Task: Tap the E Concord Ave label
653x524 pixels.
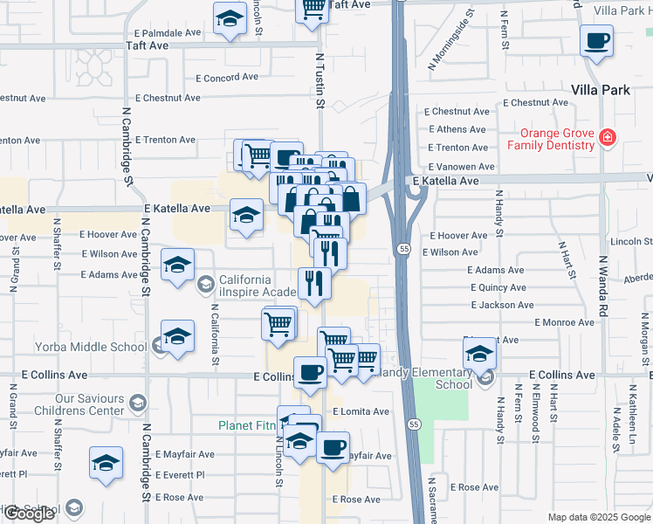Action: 227,78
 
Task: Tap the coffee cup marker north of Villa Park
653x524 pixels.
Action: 596,41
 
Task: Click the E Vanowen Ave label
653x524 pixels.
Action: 462,167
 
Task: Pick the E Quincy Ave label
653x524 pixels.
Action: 498,287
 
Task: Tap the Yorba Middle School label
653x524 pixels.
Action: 91,347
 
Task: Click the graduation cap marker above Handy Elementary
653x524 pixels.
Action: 479,355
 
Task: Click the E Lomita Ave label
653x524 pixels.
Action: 361,410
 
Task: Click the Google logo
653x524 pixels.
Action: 29,514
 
